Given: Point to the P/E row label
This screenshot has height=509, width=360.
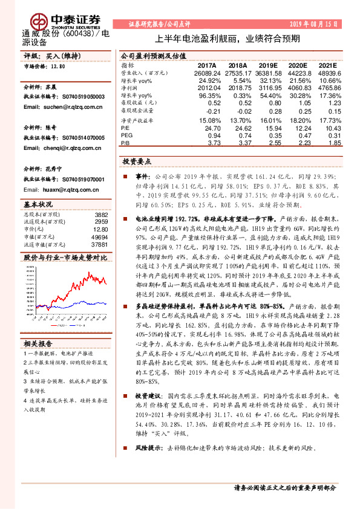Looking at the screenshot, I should [125, 129].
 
